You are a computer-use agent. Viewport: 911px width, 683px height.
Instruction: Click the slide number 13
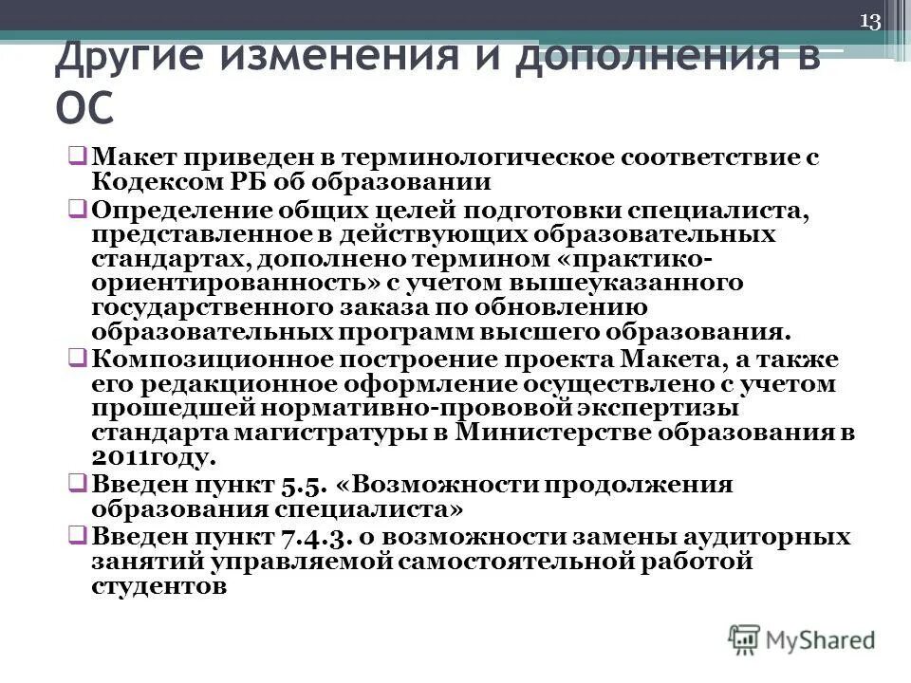pyautogui.click(x=870, y=22)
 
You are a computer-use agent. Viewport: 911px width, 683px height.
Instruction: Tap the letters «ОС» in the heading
pyautogui.click(x=85, y=106)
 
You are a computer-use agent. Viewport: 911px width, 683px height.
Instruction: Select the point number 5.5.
pyautogui.click(x=304, y=485)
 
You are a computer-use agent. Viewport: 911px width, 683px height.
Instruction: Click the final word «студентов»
pyautogui.click(x=159, y=586)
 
